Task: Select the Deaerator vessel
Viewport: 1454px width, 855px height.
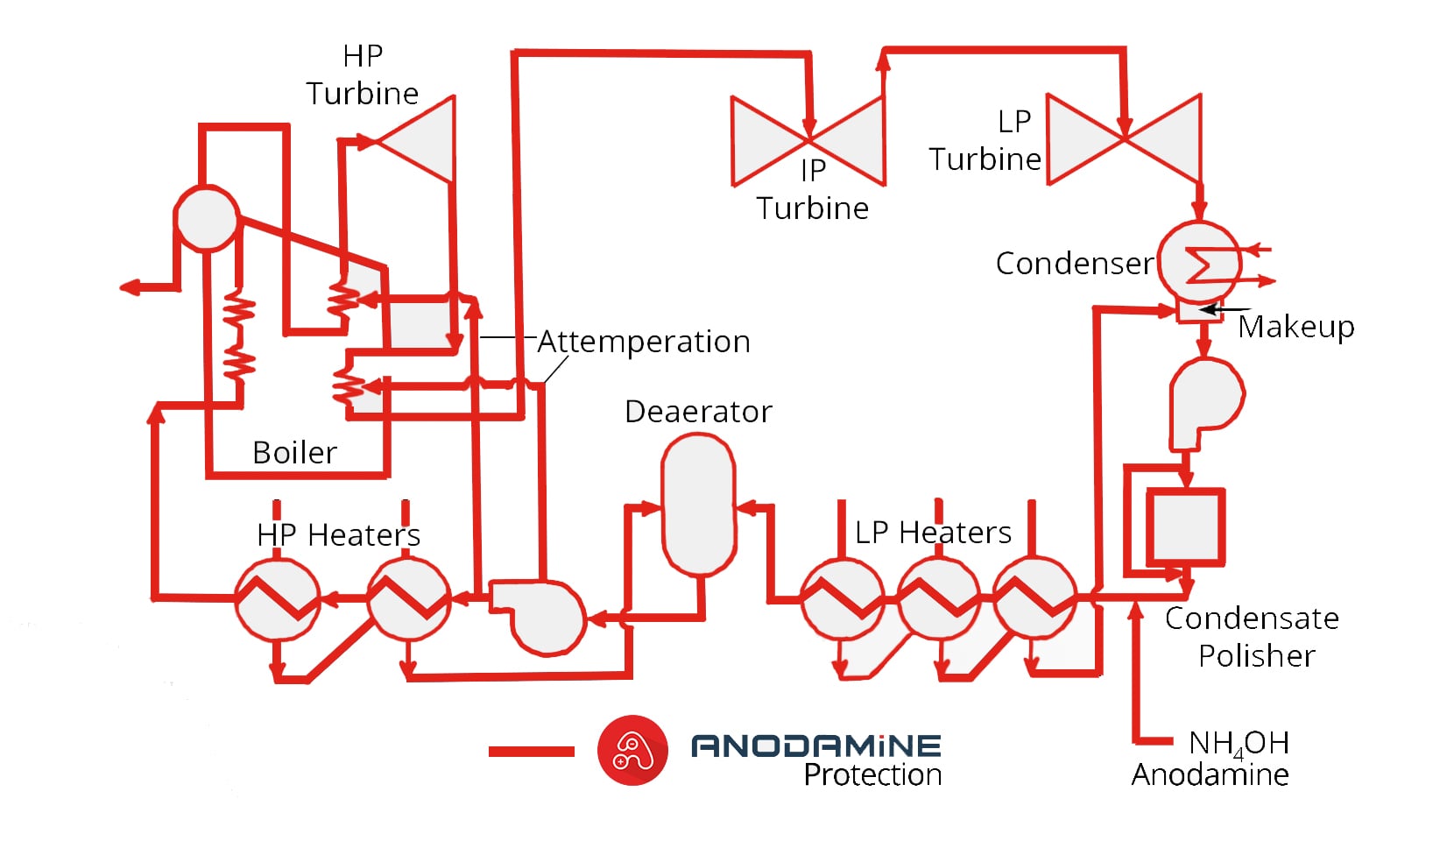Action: [698, 505]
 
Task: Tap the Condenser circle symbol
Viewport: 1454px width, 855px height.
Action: [1200, 262]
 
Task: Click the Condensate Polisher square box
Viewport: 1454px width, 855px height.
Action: [1185, 526]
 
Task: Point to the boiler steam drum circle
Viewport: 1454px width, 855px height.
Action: [207, 218]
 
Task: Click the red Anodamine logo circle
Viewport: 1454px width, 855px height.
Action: [632, 751]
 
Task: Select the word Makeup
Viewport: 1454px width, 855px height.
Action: [1296, 327]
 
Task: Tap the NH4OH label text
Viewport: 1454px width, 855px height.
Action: [1239, 744]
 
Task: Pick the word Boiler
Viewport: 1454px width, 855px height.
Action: [294, 453]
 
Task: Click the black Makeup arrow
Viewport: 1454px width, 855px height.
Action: [1225, 309]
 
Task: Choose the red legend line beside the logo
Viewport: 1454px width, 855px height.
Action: [531, 751]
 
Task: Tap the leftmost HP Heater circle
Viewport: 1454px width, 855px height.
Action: [277, 600]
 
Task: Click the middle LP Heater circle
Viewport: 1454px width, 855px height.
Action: [939, 598]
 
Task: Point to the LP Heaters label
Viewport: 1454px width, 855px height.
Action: [933, 533]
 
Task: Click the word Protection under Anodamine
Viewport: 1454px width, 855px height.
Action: [872, 775]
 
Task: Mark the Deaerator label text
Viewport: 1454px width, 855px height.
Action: [698, 412]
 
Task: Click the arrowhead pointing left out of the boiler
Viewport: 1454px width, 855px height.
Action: [130, 287]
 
